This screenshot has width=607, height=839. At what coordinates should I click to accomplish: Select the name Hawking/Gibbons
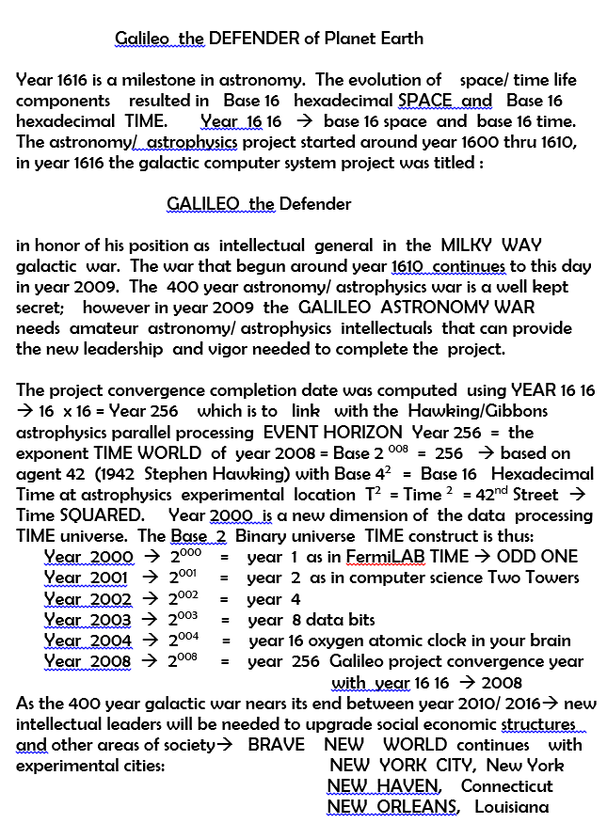pyautogui.click(x=477, y=411)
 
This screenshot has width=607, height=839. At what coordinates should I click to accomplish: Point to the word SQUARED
pyautogui.click(x=110, y=515)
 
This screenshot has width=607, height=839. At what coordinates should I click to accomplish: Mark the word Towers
pyautogui.click(x=552, y=578)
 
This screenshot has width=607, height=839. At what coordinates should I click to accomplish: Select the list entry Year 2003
pyautogui.click(x=88, y=620)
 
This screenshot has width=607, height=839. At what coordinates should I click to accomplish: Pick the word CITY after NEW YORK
pyautogui.click(x=455, y=766)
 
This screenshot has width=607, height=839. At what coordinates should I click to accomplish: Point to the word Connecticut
pyautogui.click(x=506, y=786)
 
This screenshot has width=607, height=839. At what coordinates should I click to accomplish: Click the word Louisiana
pyautogui.click(x=511, y=807)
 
